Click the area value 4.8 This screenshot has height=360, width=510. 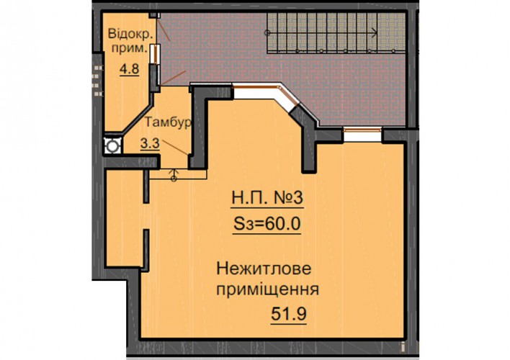(130, 69)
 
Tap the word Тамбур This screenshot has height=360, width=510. (168, 122)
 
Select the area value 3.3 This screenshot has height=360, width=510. (150, 143)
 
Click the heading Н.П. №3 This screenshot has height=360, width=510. (267, 198)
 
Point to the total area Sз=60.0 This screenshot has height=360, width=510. (267, 224)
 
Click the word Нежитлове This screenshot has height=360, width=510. (264, 269)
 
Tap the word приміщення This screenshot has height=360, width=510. (267, 289)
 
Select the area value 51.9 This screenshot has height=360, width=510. (289, 314)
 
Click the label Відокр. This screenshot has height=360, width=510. (130, 34)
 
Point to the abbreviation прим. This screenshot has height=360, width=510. (130, 49)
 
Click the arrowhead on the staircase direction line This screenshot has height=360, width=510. (375, 32)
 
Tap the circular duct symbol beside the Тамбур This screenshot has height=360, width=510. (112, 146)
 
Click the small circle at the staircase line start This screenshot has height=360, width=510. (267, 32)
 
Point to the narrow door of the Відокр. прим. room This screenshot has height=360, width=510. (155, 55)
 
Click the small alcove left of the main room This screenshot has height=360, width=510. (125, 219)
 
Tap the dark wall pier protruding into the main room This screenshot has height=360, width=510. (308, 148)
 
